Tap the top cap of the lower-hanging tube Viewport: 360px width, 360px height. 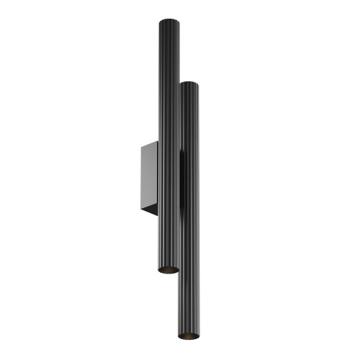188,84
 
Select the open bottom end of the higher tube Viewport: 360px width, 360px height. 167,269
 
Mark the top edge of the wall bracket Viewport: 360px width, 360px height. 150,142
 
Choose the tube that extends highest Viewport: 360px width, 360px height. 166,108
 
